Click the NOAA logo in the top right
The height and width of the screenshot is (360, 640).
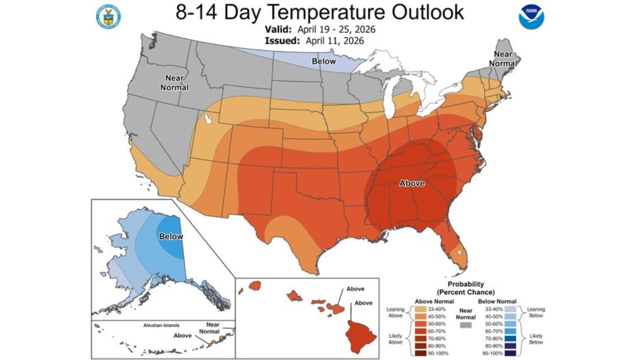click(x=531, y=16)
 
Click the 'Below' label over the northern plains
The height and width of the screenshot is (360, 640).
click(x=323, y=61)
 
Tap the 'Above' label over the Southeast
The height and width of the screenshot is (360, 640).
click(x=411, y=183)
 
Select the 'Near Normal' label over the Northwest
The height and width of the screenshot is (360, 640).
click(x=174, y=82)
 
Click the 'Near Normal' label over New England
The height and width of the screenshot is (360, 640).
click(x=502, y=59)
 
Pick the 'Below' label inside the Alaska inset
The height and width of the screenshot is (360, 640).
click(x=171, y=236)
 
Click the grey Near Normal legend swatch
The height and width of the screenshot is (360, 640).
click(x=465, y=325)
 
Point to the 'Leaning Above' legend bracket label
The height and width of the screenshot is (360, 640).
click(x=395, y=312)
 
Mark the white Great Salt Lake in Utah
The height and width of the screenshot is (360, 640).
click(x=208, y=119)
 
